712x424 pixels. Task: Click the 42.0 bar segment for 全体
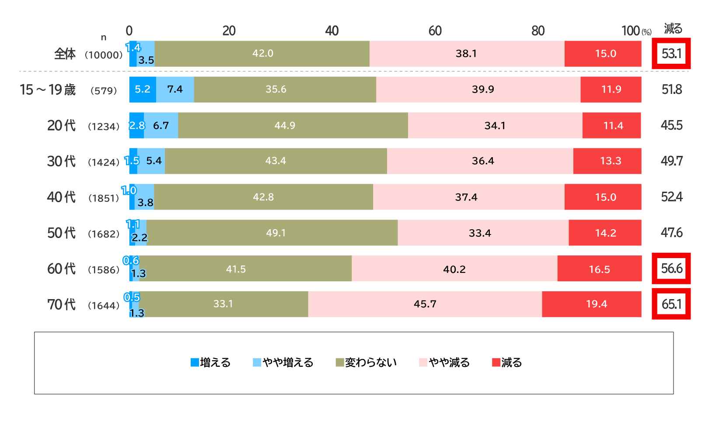coord(262,54)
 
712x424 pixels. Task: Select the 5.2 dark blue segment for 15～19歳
coord(143,90)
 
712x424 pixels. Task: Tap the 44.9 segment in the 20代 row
coord(285,126)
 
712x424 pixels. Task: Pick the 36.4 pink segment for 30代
coord(482,161)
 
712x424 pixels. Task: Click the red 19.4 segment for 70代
coord(596,304)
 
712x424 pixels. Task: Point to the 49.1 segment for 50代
coord(276,233)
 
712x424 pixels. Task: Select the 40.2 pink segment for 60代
coord(454,269)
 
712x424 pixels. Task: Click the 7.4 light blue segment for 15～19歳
coord(175,90)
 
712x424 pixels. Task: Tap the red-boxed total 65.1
coord(671,304)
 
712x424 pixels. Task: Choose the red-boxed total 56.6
coord(671,269)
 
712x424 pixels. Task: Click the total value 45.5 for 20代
coord(671,126)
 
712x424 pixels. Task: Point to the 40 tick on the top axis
coord(332,31)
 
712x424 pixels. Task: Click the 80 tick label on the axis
coord(538,31)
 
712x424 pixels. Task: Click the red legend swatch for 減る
coord(496,362)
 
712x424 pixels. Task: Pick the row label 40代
coord(61,197)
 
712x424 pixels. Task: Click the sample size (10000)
coord(104,55)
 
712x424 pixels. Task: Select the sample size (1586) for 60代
coord(104,270)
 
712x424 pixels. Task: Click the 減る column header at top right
coord(673,29)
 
